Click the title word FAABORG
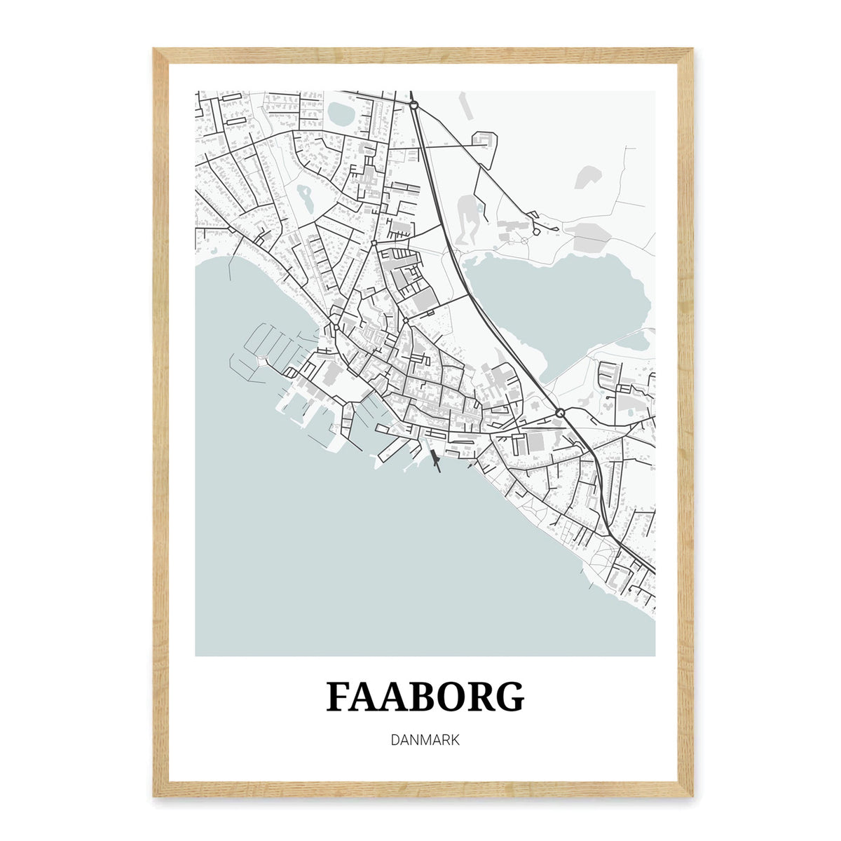click(x=425, y=697)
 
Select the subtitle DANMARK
click(x=425, y=740)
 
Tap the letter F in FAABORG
click(x=339, y=697)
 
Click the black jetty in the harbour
click(x=435, y=460)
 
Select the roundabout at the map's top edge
click(x=414, y=105)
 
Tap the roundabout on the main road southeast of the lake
click(x=559, y=413)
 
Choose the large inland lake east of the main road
click(x=561, y=301)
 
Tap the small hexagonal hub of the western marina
click(x=262, y=360)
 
